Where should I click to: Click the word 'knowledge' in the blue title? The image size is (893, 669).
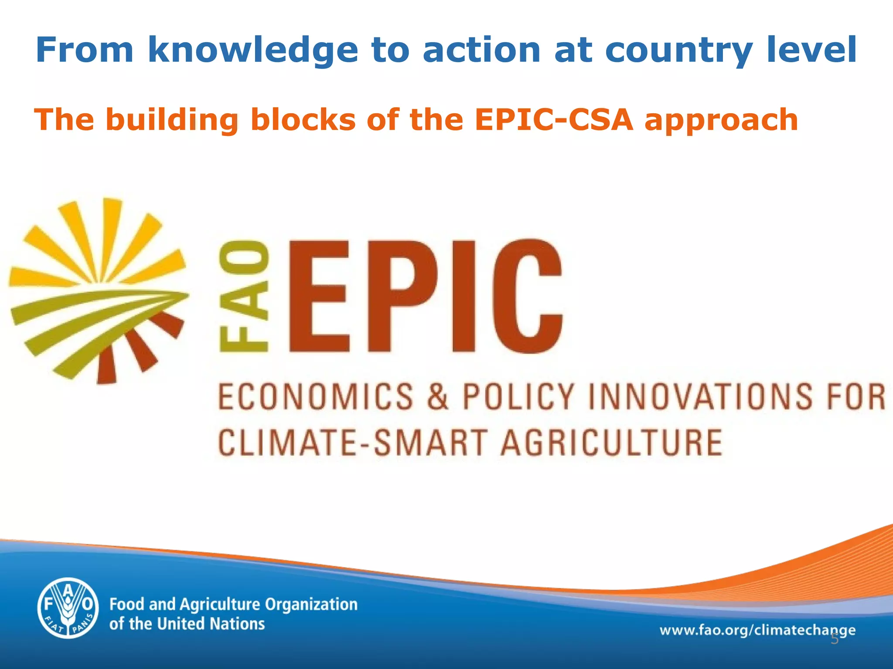[x=253, y=51]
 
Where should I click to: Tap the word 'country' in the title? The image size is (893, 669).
[x=678, y=51]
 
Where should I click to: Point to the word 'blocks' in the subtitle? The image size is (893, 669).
[x=303, y=120]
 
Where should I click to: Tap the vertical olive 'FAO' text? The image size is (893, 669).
[x=244, y=297]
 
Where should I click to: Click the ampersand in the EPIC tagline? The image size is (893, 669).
[x=437, y=396]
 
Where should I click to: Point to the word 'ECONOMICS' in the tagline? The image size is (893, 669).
[x=315, y=396]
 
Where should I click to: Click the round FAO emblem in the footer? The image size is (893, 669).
[x=68, y=608]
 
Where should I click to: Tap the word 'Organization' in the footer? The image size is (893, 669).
[x=311, y=605]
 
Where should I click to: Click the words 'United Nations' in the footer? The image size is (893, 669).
[x=211, y=624]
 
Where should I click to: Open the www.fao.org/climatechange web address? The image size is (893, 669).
[x=757, y=630]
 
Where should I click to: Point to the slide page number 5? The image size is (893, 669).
[x=834, y=639]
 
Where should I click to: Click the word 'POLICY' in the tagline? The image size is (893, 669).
[x=518, y=396]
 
